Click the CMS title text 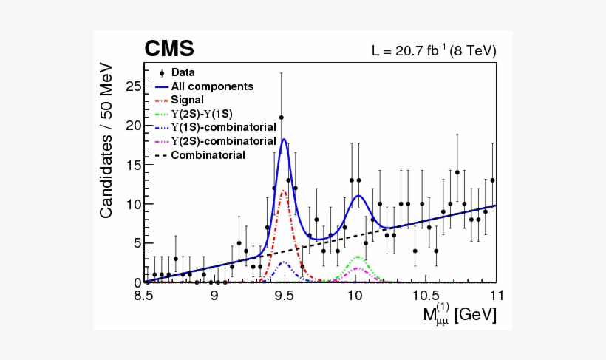[169, 49]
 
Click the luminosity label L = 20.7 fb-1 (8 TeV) [433, 51]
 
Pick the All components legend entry [212, 86]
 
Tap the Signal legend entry [188, 100]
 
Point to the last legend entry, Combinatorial [208, 155]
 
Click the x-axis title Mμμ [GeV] [459, 313]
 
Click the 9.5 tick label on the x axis [285, 296]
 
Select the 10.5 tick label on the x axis [425, 296]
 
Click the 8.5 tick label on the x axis [144, 296]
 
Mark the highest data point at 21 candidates [281, 118]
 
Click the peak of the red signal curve [283, 191]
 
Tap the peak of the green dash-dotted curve [358, 257]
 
